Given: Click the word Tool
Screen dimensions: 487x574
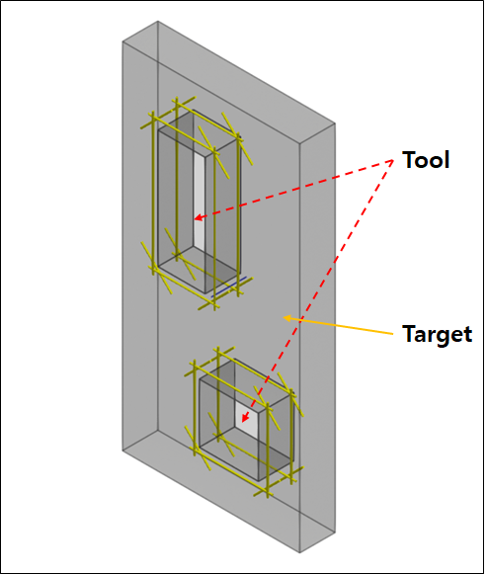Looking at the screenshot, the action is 426,160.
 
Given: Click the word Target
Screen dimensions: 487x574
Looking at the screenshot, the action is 438,334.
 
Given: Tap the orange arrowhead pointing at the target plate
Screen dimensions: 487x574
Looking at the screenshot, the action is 287,318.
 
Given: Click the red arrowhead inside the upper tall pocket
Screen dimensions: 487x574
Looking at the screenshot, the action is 198,218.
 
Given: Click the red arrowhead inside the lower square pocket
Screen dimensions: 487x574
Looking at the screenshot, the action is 245,418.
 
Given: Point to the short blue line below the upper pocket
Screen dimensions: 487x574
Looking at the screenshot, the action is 229,287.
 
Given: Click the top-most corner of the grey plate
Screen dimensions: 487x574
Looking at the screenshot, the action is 158,21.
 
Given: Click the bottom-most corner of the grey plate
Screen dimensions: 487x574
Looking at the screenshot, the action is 300,552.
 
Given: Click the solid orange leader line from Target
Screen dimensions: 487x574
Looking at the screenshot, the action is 339,326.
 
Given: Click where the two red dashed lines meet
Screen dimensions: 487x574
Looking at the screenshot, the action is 393,161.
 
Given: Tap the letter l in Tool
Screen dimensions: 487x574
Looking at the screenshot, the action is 446,160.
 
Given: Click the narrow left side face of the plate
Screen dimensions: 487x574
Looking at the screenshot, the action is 140,235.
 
